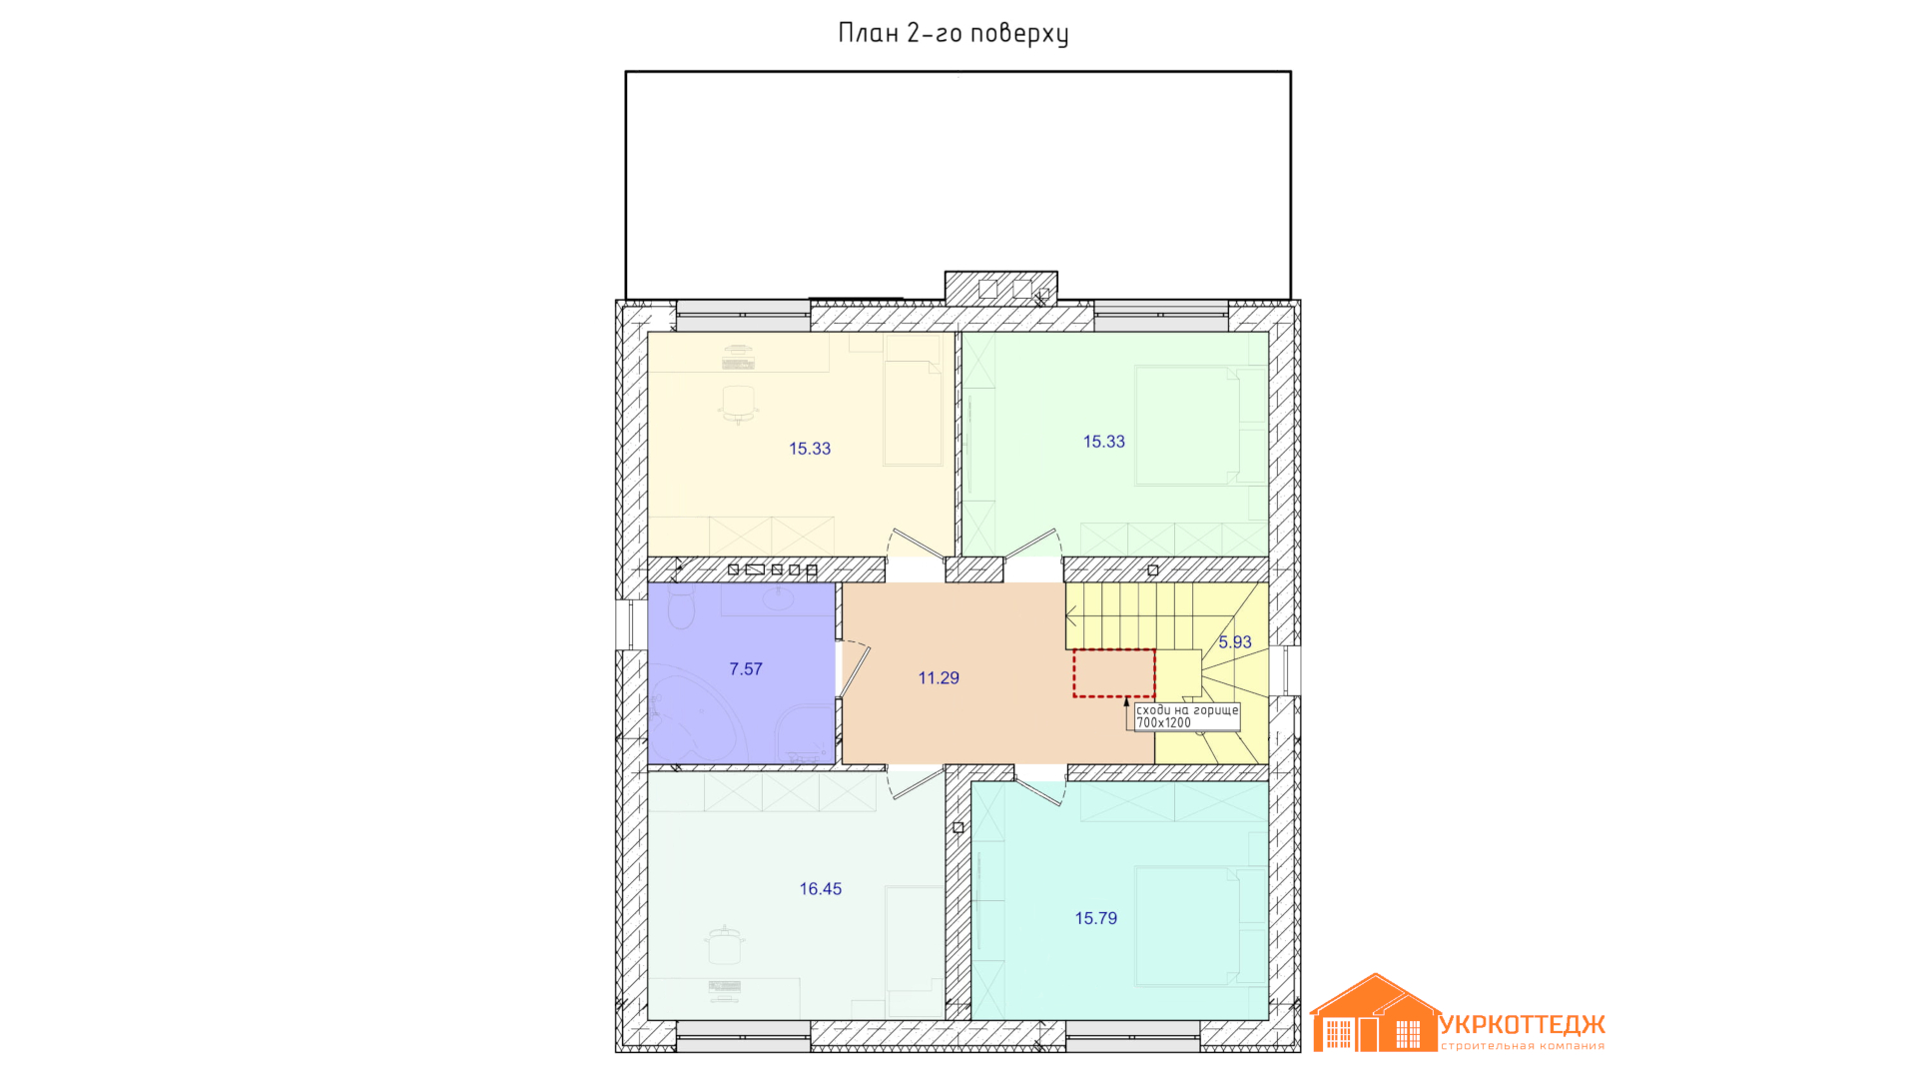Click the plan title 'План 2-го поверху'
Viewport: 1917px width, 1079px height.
click(954, 34)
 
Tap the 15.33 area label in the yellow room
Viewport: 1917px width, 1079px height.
click(810, 449)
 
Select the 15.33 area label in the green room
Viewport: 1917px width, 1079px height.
click(1104, 442)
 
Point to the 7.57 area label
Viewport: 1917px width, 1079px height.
click(746, 669)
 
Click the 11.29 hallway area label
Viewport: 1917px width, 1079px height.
click(939, 678)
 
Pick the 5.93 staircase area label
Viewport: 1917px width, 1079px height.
click(1235, 642)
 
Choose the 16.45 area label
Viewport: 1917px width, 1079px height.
click(821, 889)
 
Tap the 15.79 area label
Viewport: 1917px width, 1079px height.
click(1096, 919)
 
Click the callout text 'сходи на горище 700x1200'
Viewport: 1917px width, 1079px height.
click(1187, 716)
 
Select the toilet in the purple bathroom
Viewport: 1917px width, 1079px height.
click(682, 606)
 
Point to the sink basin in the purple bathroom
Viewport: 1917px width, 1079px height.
click(779, 598)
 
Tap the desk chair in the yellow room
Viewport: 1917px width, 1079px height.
click(739, 403)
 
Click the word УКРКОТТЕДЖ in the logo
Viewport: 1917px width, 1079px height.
click(1523, 1025)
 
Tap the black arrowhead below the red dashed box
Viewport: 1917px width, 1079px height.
click(1127, 702)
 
